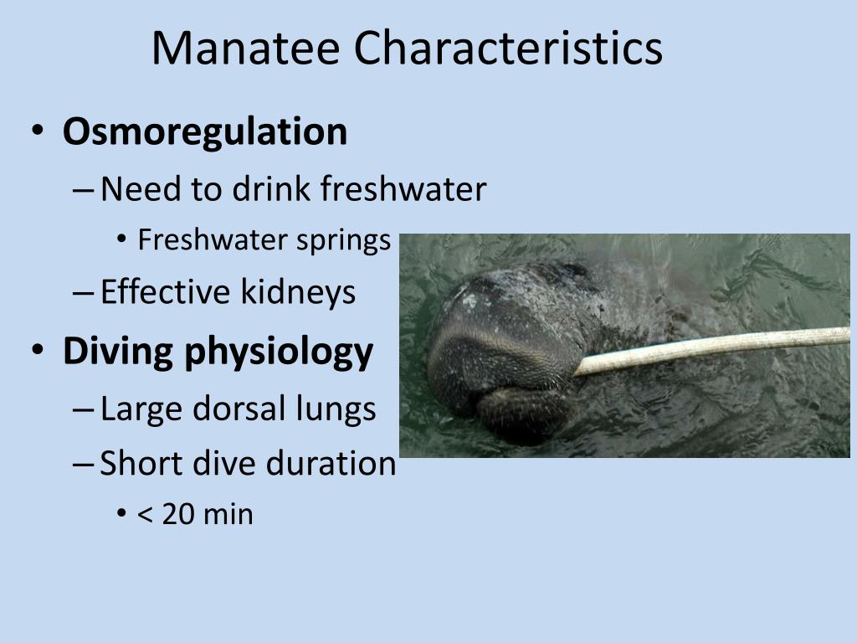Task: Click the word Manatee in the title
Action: [x=246, y=49]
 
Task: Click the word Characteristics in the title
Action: [x=508, y=49]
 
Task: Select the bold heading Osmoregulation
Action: [x=205, y=132]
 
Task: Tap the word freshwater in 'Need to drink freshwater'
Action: [x=403, y=190]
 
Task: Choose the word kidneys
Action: [x=299, y=292]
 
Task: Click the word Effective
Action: [x=164, y=292]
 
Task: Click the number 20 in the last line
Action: [x=178, y=514]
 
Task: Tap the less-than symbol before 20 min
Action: [x=144, y=515]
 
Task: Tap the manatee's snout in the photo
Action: [x=494, y=352]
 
